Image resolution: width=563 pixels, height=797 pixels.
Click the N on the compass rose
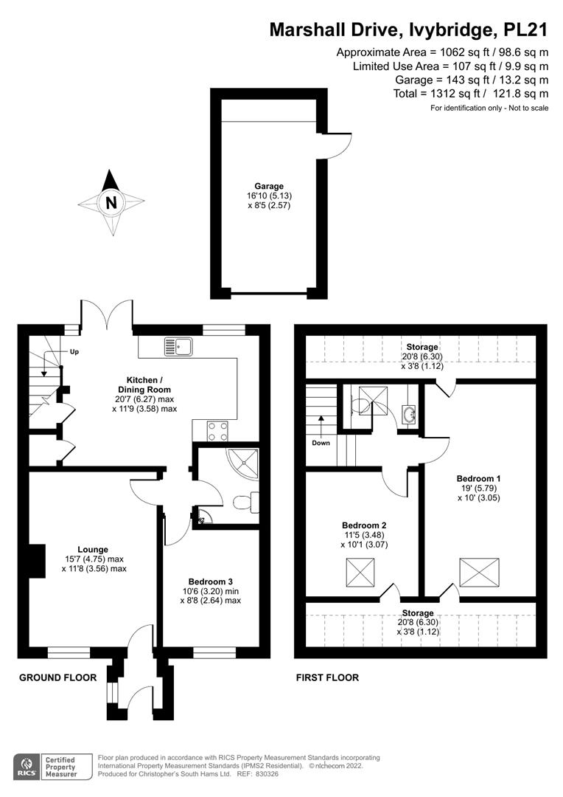[111, 203]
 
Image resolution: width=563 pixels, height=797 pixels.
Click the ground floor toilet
[244, 503]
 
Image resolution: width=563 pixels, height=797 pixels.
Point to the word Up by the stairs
[74, 352]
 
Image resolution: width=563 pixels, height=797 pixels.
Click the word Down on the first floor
[321, 443]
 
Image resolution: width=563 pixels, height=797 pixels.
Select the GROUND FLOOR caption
[57, 677]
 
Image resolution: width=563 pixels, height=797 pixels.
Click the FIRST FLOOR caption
[327, 677]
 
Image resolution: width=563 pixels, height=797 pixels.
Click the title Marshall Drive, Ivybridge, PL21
[408, 30]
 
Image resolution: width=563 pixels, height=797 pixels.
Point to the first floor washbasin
[410, 413]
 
